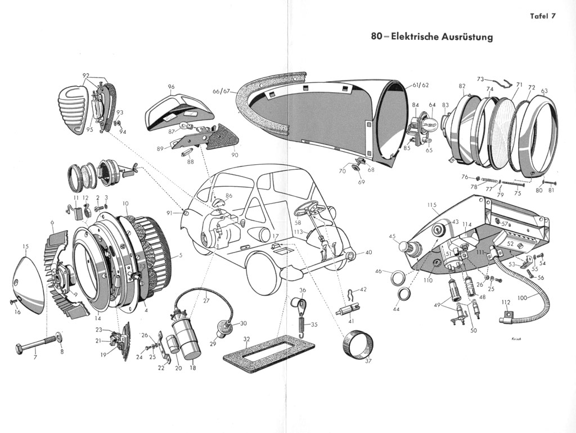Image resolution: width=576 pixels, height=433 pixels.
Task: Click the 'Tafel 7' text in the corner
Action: tap(542, 16)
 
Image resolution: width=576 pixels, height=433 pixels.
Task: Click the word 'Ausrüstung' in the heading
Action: tap(467, 37)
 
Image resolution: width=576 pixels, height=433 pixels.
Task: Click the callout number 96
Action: tap(171, 87)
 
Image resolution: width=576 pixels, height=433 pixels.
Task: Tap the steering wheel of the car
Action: tap(307, 209)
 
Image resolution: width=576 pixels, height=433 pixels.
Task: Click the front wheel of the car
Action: tap(264, 273)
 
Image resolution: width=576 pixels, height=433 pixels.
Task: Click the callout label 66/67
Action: tap(221, 91)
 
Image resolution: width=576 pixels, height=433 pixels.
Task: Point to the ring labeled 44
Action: tap(403, 294)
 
